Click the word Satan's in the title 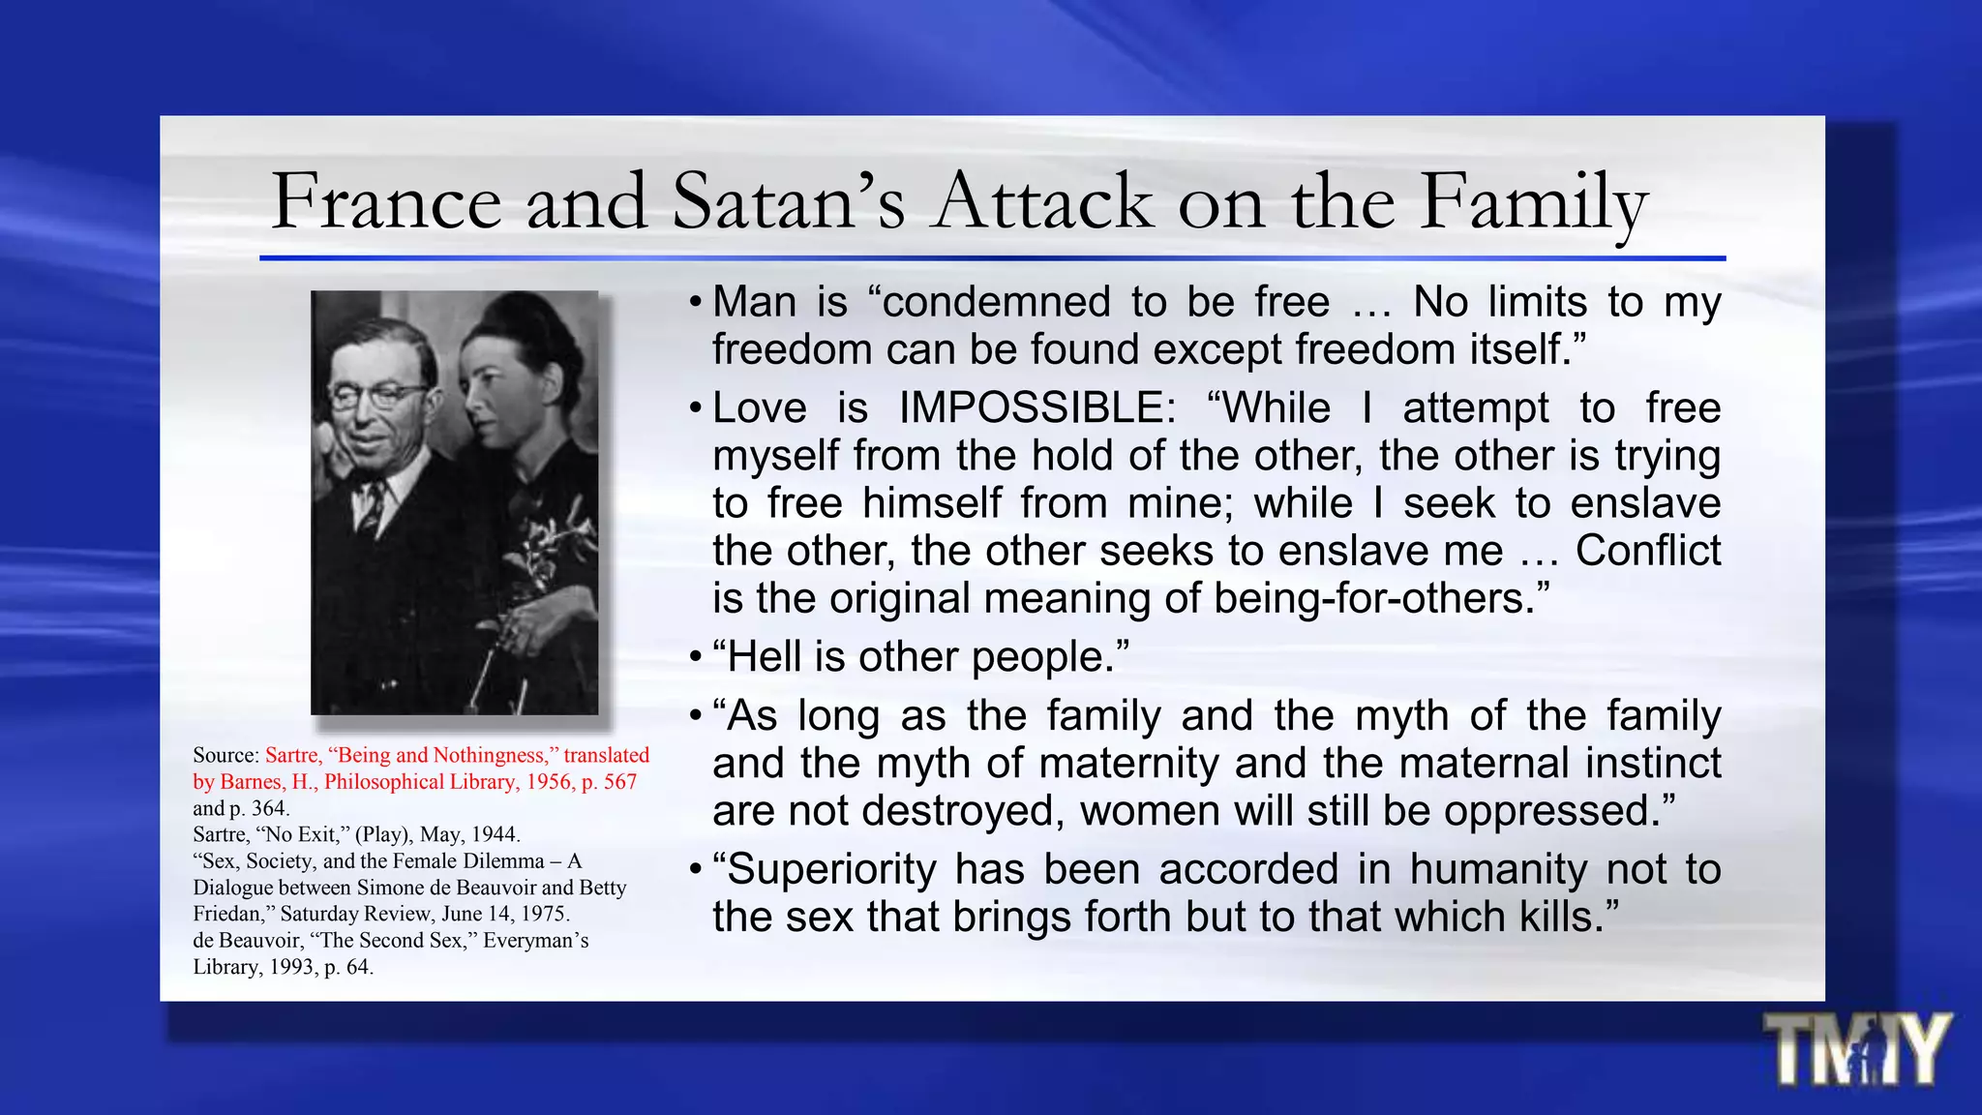[x=789, y=201]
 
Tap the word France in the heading [x=386, y=201]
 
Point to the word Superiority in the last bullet [x=831, y=869]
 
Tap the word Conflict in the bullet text [x=1648, y=551]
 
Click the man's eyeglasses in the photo [x=380, y=396]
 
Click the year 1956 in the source [x=551, y=782]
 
